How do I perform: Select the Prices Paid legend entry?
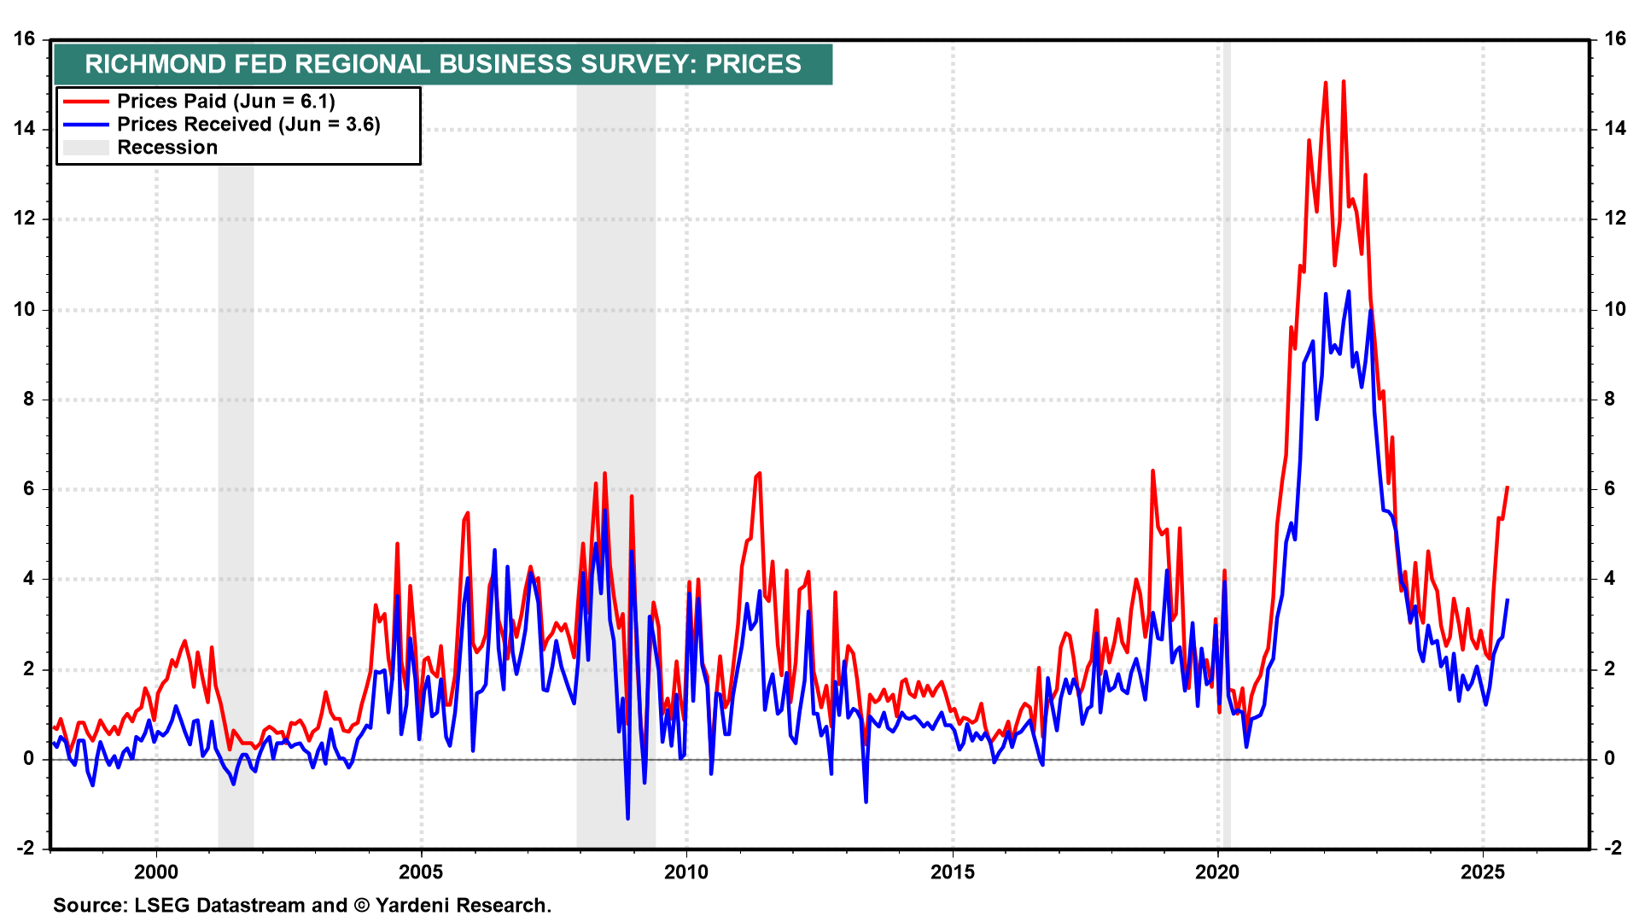click(225, 102)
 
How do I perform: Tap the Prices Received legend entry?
click(248, 125)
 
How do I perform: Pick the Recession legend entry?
click(166, 148)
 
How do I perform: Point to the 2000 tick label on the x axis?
click(156, 872)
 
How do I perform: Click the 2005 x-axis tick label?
click(422, 872)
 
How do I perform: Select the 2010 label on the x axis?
click(686, 872)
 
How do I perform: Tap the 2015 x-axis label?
click(953, 872)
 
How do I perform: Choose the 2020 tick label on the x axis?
click(1217, 872)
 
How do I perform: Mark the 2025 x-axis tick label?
click(1483, 872)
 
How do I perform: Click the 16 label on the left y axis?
click(25, 39)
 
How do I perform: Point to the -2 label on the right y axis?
click(1613, 848)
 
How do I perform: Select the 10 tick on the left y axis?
click(25, 309)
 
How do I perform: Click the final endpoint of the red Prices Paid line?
click(1508, 487)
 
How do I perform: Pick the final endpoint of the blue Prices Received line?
click(1508, 600)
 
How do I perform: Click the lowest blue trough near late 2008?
click(627, 819)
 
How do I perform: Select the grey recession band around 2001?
click(236, 512)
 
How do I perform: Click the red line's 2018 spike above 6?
click(1152, 470)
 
